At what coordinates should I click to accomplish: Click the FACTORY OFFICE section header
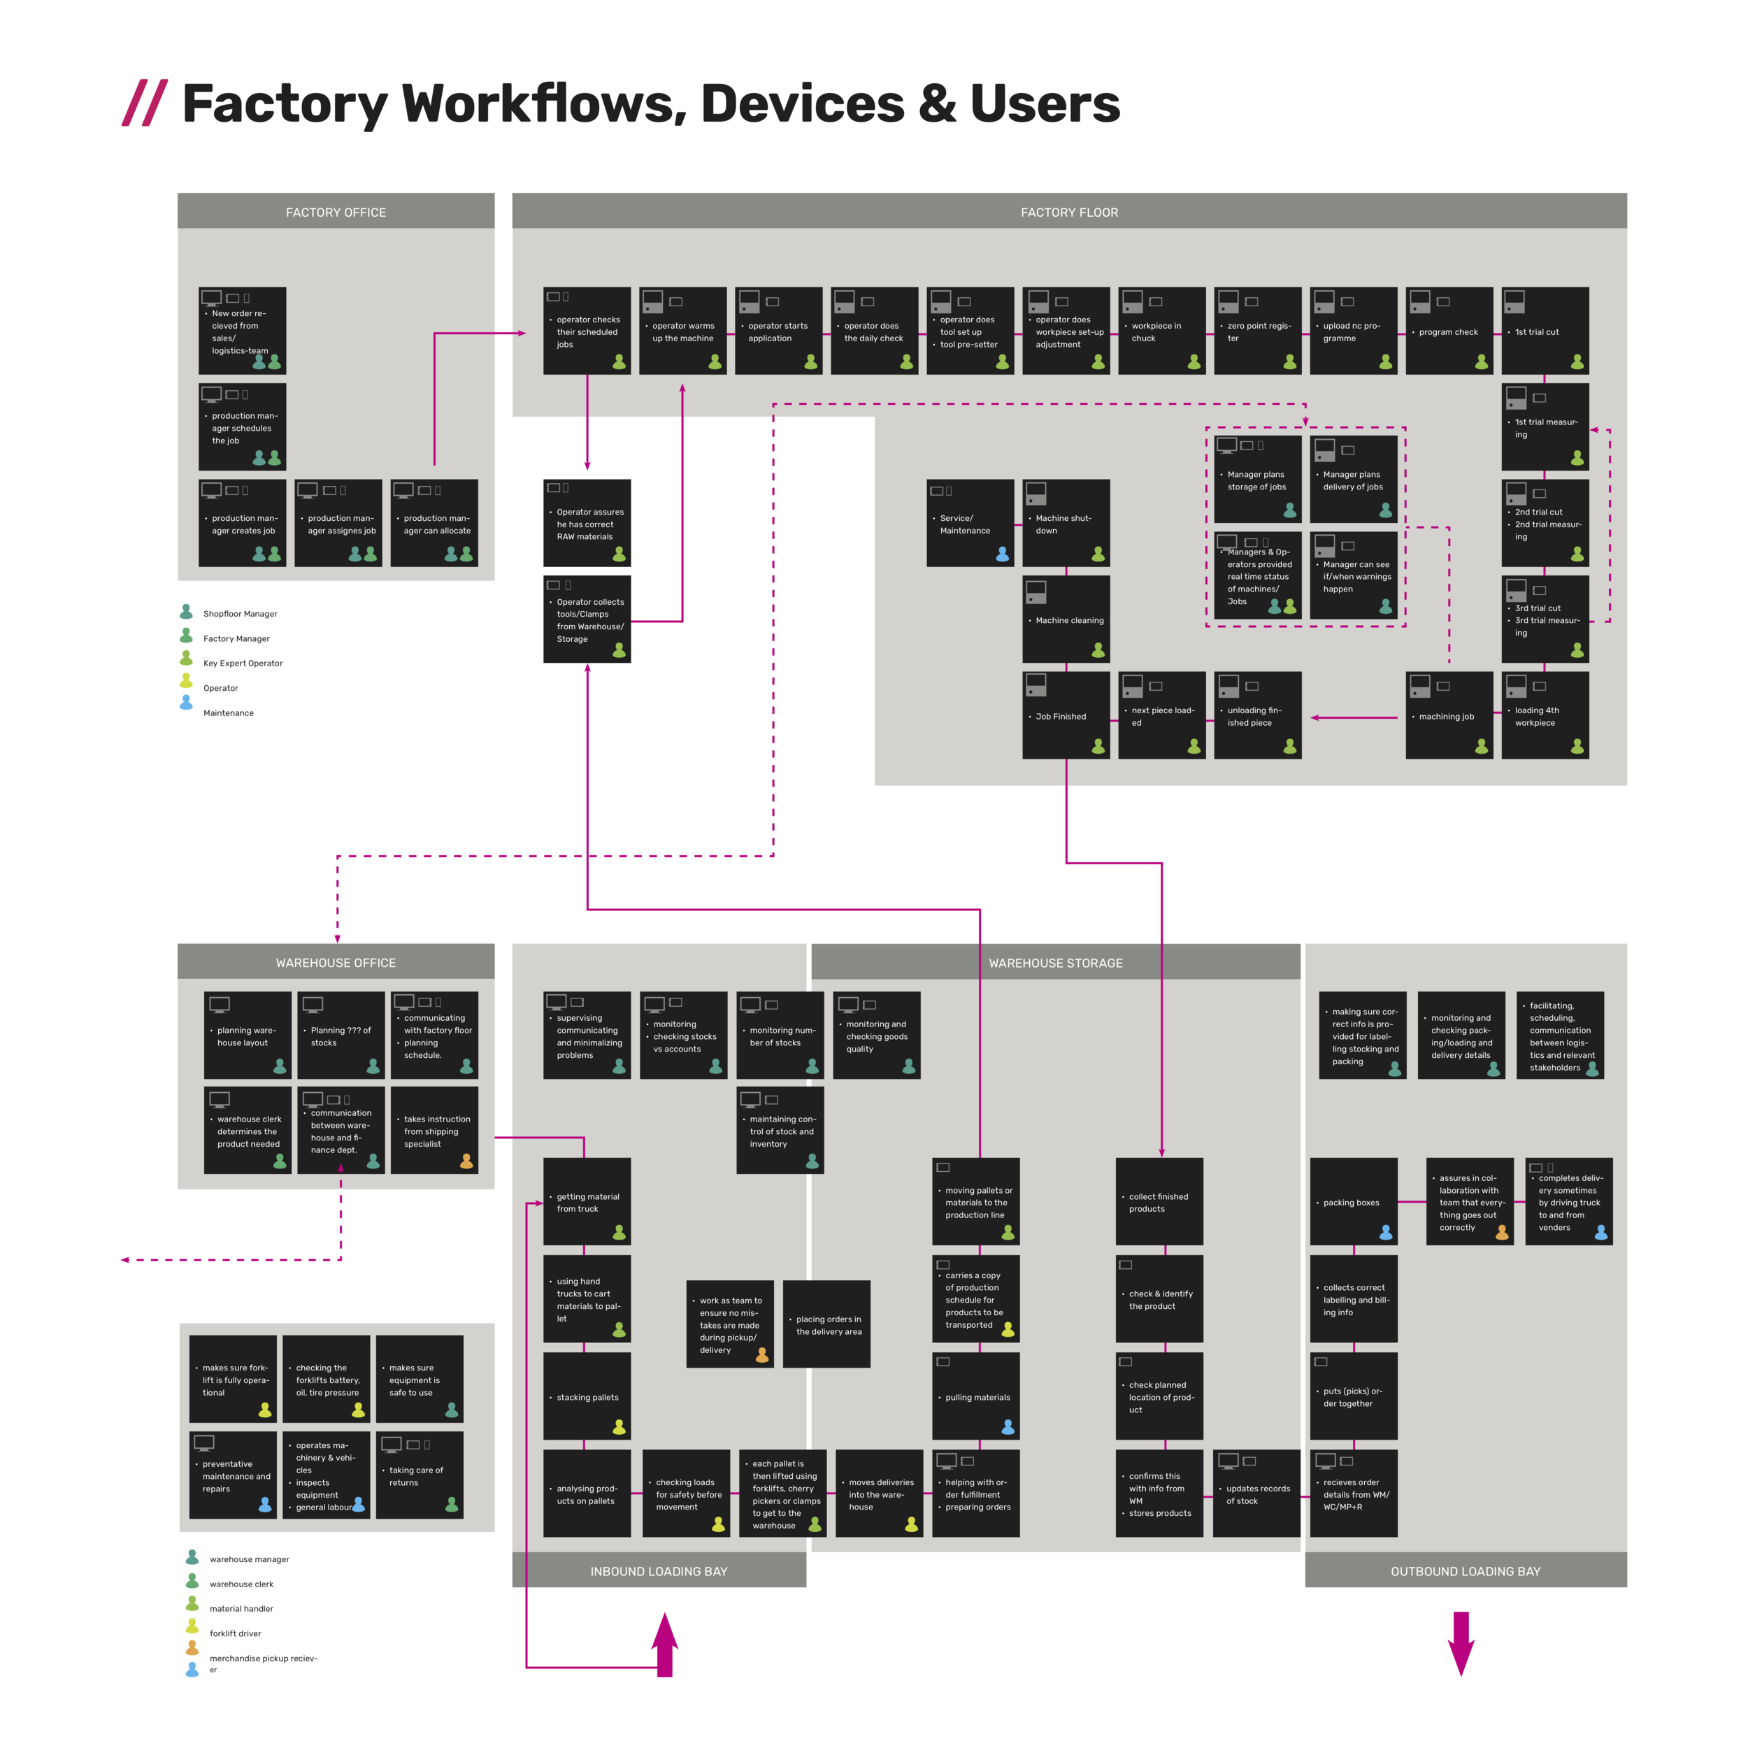point(336,212)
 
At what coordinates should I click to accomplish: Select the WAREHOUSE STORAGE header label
point(1055,963)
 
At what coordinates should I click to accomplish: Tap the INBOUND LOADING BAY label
point(659,1572)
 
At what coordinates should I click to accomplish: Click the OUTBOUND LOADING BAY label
point(1465,1572)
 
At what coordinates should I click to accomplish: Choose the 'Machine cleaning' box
point(1066,619)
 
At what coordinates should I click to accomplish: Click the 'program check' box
point(1449,331)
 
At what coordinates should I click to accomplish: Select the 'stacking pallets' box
point(587,1397)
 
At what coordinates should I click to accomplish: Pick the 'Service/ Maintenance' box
point(970,524)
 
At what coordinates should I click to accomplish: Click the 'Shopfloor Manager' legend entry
point(240,613)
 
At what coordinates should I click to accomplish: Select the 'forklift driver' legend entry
point(234,1633)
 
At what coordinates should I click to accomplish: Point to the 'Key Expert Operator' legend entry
point(243,663)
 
